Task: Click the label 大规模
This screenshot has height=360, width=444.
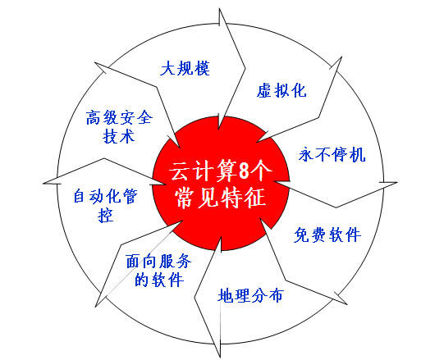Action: pyautogui.click(x=185, y=68)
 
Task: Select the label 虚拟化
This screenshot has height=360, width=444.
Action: pyautogui.click(x=282, y=90)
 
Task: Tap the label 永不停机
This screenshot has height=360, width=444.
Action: pyautogui.click(x=332, y=154)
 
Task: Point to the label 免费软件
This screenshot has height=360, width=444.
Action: pyautogui.click(x=327, y=235)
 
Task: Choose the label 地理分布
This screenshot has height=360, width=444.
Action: pyautogui.click(x=250, y=295)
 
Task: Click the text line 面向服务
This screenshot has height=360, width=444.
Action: pyautogui.click(x=158, y=261)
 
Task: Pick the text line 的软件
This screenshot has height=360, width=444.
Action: pyautogui.click(x=159, y=280)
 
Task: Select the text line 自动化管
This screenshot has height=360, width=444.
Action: pyautogui.click(x=105, y=196)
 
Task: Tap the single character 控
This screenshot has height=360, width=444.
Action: pyautogui.click(x=106, y=215)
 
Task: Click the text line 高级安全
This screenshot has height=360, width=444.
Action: pyautogui.click(x=119, y=117)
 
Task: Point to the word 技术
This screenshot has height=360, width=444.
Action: pyautogui.click(x=118, y=136)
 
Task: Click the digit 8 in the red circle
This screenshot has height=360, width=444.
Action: pyautogui.click(x=244, y=171)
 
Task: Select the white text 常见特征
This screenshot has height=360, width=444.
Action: pyautogui.click(x=221, y=197)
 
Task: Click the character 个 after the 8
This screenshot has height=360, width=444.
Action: pyautogui.click(x=261, y=171)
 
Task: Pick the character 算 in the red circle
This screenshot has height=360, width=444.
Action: pyautogui.click(x=227, y=171)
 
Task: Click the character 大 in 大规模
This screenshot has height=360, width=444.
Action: pyautogui.click(x=168, y=68)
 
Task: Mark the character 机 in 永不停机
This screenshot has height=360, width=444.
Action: pyautogui.click(x=358, y=154)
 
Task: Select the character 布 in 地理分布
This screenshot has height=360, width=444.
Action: pyautogui.click(x=276, y=295)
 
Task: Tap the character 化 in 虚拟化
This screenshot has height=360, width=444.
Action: pyautogui.click(x=299, y=90)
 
